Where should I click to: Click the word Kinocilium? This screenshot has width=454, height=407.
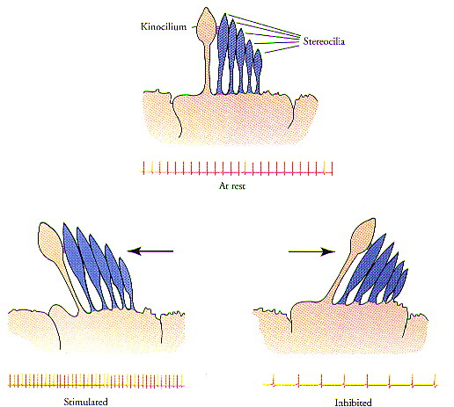pos(164,26)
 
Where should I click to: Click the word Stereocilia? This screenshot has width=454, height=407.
pos(324,41)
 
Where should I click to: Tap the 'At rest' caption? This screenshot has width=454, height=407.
pos(232,185)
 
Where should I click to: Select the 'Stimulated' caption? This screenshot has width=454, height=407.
pos(85,402)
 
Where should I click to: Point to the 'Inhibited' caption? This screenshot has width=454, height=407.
pos(353,403)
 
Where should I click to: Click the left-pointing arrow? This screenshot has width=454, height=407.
pos(150,251)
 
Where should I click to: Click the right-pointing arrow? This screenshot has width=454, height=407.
pos(311,251)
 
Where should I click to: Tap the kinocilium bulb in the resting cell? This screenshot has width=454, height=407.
pos(207,26)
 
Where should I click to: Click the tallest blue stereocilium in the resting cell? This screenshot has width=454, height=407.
pos(223,53)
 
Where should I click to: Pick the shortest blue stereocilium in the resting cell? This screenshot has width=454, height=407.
pos(258,70)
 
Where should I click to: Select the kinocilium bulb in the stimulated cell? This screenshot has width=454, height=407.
pos(50,241)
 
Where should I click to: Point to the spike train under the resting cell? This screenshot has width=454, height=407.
pos(238,169)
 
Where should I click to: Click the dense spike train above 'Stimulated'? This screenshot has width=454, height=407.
pos(96,381)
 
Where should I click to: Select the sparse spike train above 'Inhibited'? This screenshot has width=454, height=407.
pos(349,381)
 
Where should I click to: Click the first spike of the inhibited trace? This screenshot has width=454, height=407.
pos(274,381)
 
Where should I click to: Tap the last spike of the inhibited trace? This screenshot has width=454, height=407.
pos(436,381)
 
